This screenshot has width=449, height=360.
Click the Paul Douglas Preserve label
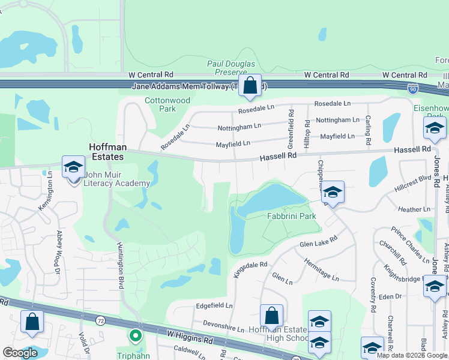[231, 68]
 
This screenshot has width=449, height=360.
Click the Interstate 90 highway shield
[412, 88]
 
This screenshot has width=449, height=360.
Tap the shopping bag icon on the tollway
[250, 85]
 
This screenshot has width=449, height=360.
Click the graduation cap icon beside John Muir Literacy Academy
[73, 167]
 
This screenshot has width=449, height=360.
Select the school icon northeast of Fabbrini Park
[333, 192]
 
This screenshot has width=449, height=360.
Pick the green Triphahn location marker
[136, 336]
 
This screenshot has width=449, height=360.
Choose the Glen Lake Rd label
[318, 241]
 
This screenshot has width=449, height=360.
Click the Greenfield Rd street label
[291, 128]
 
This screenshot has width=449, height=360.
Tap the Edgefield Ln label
[214, 305]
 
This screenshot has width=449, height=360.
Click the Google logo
[20, 353]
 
